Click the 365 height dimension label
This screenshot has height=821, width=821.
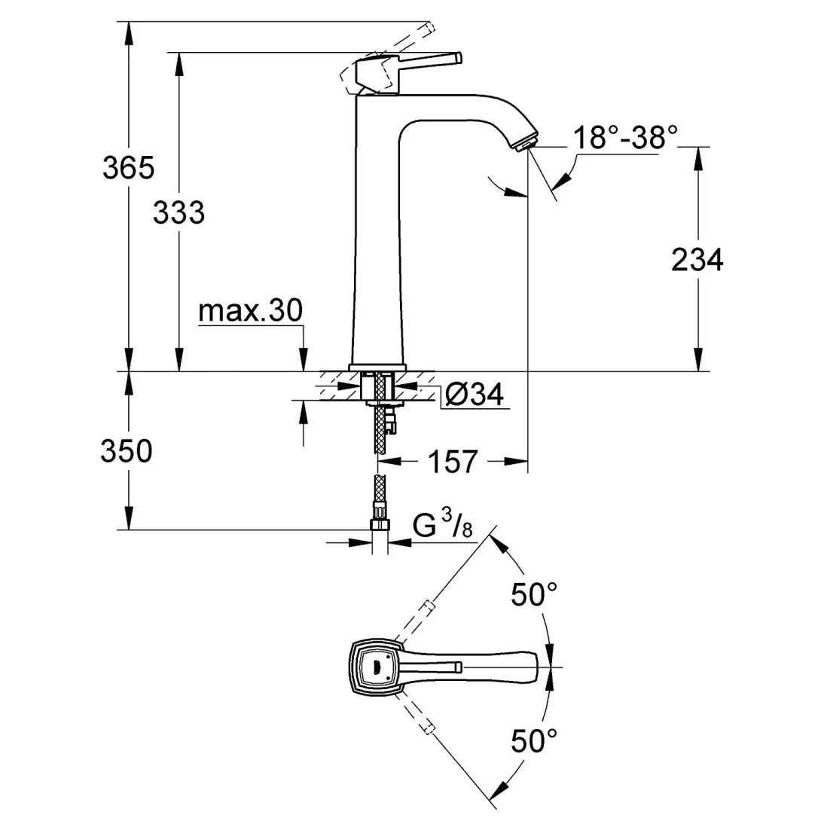[128, 167]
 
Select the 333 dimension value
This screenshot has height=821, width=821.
[179, 213]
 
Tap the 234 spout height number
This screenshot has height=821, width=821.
[697, 260]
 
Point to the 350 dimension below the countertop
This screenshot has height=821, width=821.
[127, 451]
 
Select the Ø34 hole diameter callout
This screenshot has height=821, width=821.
[474, 395]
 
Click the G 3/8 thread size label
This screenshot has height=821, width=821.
[443, 526]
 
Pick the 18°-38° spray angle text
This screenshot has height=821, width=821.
[625, 138]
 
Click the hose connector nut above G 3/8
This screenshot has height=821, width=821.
[380, 525]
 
